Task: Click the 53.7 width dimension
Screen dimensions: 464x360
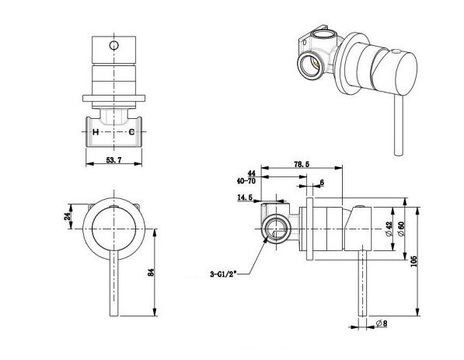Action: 114,160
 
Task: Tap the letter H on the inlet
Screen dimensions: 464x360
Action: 96,132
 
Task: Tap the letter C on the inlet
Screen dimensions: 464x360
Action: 131,132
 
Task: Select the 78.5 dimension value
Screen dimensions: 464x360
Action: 302,164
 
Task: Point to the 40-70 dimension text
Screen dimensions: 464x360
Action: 246,181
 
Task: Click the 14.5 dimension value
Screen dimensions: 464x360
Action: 245,197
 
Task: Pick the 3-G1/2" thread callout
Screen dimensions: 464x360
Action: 223,274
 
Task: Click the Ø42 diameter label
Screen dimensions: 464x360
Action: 389,229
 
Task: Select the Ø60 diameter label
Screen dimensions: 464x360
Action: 402,229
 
